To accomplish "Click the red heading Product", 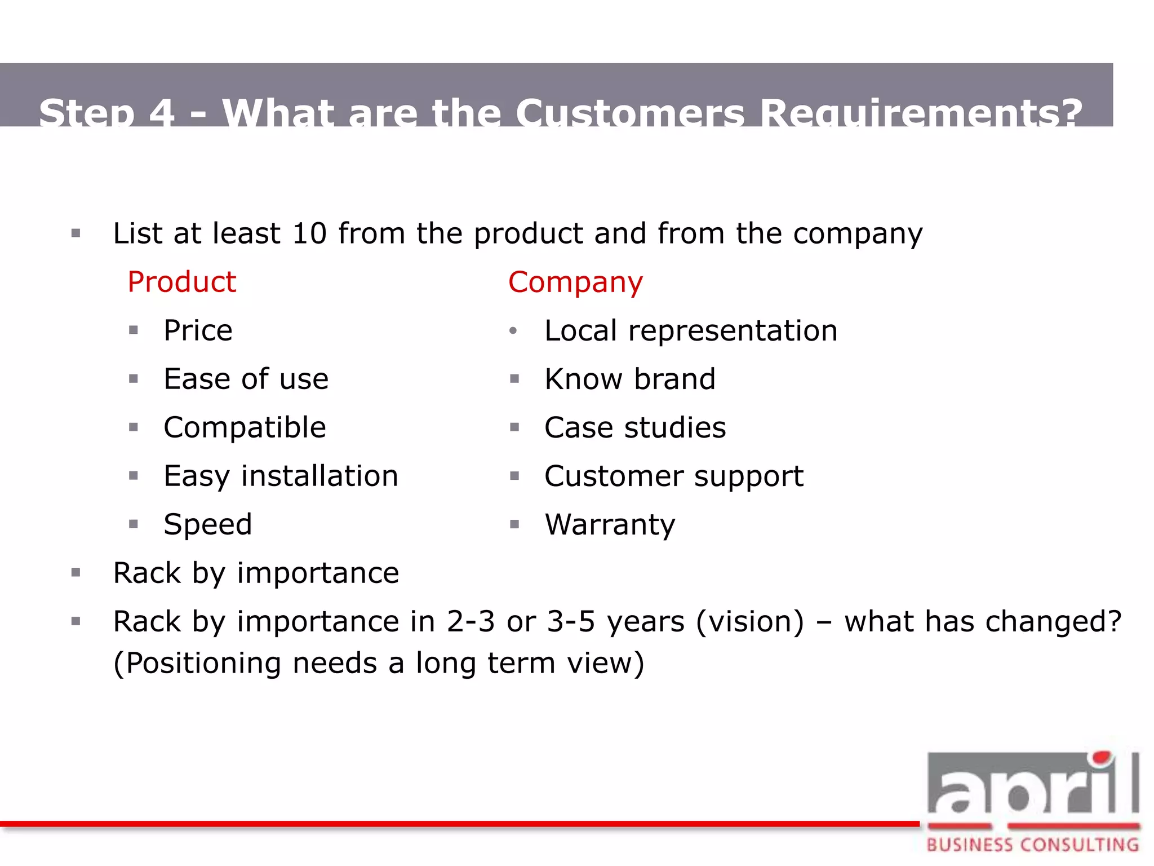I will (x=181, y=282).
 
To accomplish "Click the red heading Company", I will (x=575, y=282).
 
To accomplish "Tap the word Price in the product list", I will (x=198, y=330).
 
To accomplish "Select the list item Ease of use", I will (x=246, y=379).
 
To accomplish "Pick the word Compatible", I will (x=245, y=427).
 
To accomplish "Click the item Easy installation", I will (x=281, y=476).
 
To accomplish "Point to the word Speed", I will (x=207, y=524).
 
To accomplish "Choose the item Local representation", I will (x=691, y=330).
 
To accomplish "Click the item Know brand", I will (x=630, y=379).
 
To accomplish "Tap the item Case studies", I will (x=635, y=427).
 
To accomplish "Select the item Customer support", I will (x=674, y=476).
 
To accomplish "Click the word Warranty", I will (x=610, y=524).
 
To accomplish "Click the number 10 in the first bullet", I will (x=309, y=233).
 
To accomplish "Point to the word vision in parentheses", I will (x=750, y=622).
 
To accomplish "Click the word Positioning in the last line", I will (x=203, y=663).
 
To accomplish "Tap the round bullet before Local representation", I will (x=513, y=331).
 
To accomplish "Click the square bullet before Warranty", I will (x=514, y=524).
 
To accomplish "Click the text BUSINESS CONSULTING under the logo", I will (x=1033, y=845).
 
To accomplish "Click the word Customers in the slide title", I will (x=629, y=113).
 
